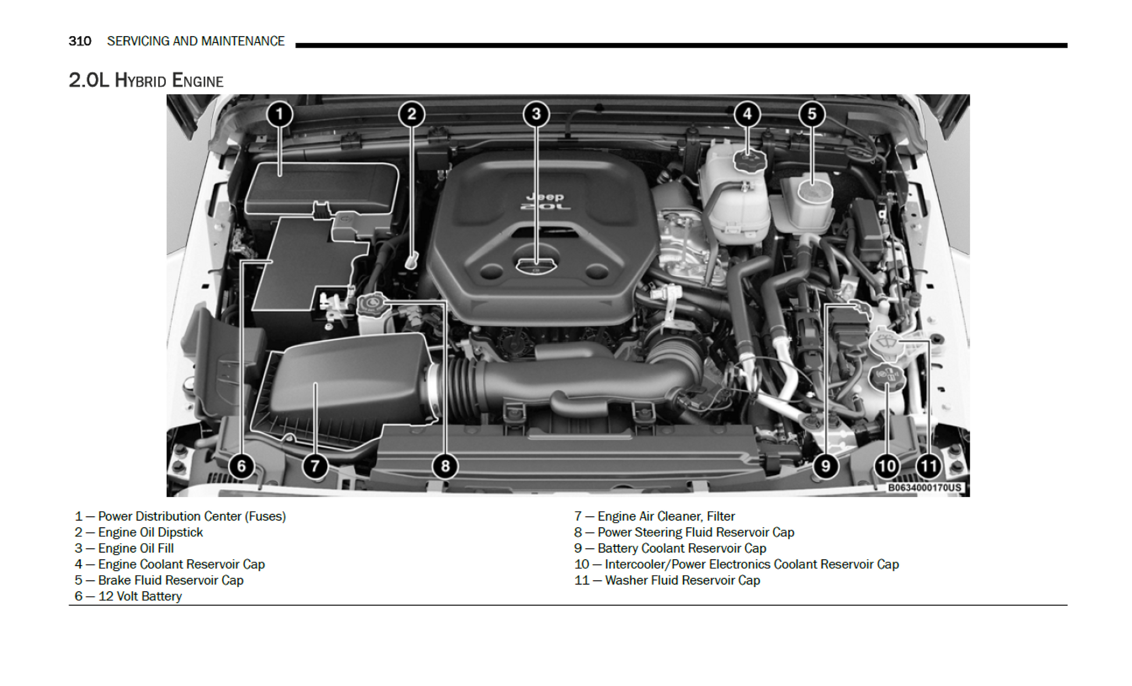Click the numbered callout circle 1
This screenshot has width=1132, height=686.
pyautogui.click(x=279, y=114)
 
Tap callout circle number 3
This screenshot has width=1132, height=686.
pyautogui.click(x=536, y=114)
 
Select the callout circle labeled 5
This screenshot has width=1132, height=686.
pyautogui.click(x=811, y=114)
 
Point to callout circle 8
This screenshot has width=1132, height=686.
pyautogui.click(x=445, y=466)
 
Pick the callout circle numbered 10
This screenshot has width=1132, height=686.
pyautogui.click(x=887, y=466)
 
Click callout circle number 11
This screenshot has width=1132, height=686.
pyautogui.click(x=928, y=466)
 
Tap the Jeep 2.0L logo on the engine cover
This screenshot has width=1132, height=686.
pyautogui.click(x=545, y=202)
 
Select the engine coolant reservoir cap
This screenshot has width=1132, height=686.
pyautogui.click(x=749, y=161)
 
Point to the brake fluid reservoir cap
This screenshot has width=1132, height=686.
pyautogui.click(x=814, y=191)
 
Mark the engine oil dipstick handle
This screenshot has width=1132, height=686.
pyautogui.click(x=412, y=260)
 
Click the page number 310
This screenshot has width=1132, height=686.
pyautogui.click(x=80, y=41)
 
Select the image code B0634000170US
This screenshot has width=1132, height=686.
pyautogui.click(x=924, y=488)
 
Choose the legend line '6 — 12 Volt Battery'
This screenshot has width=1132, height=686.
pyautogui.click(x=128, y=596)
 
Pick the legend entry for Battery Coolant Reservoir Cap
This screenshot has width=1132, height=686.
pyautogui.click(x=670, y=548)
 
